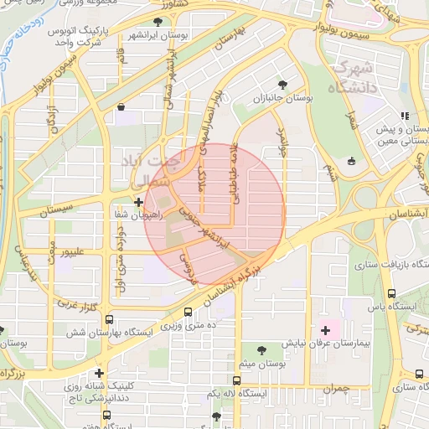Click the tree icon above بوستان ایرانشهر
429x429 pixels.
pyautogui.click(x=158, y=22)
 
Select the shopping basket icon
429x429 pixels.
pyautogui.click(x=122, y=106)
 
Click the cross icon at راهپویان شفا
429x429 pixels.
pyautogui.click(x=138, y=202)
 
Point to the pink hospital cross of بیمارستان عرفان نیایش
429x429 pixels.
pyautogui.click(x=325, y=331)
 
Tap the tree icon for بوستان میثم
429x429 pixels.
pyautogui.click(x=263, y=349)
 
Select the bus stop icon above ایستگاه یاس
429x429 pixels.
pyautogui.click(x=391, y=293)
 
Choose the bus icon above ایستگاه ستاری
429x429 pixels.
pyautogui.click(x=418, y=374)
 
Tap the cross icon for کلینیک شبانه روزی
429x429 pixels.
pyautogui.click(x=99, y=373)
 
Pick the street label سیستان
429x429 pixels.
pyautogui.click(x=54, y=213)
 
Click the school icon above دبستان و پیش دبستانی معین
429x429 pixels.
pyautogui.click(x=405, y=116)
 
